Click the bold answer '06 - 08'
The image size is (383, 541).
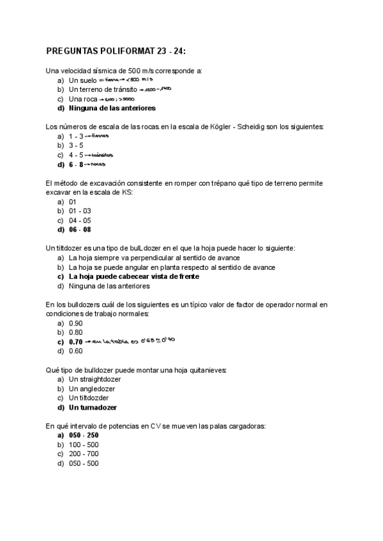[80, 230]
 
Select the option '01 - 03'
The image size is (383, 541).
[80, 211]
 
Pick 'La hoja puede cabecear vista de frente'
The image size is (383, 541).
[133, 276]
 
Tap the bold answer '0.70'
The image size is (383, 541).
[76, 341]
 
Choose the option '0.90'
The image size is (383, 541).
[76, 323]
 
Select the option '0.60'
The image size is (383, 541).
[76, 351]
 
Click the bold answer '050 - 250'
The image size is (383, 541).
[84, 435]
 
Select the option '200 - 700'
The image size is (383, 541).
[84, 454]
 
